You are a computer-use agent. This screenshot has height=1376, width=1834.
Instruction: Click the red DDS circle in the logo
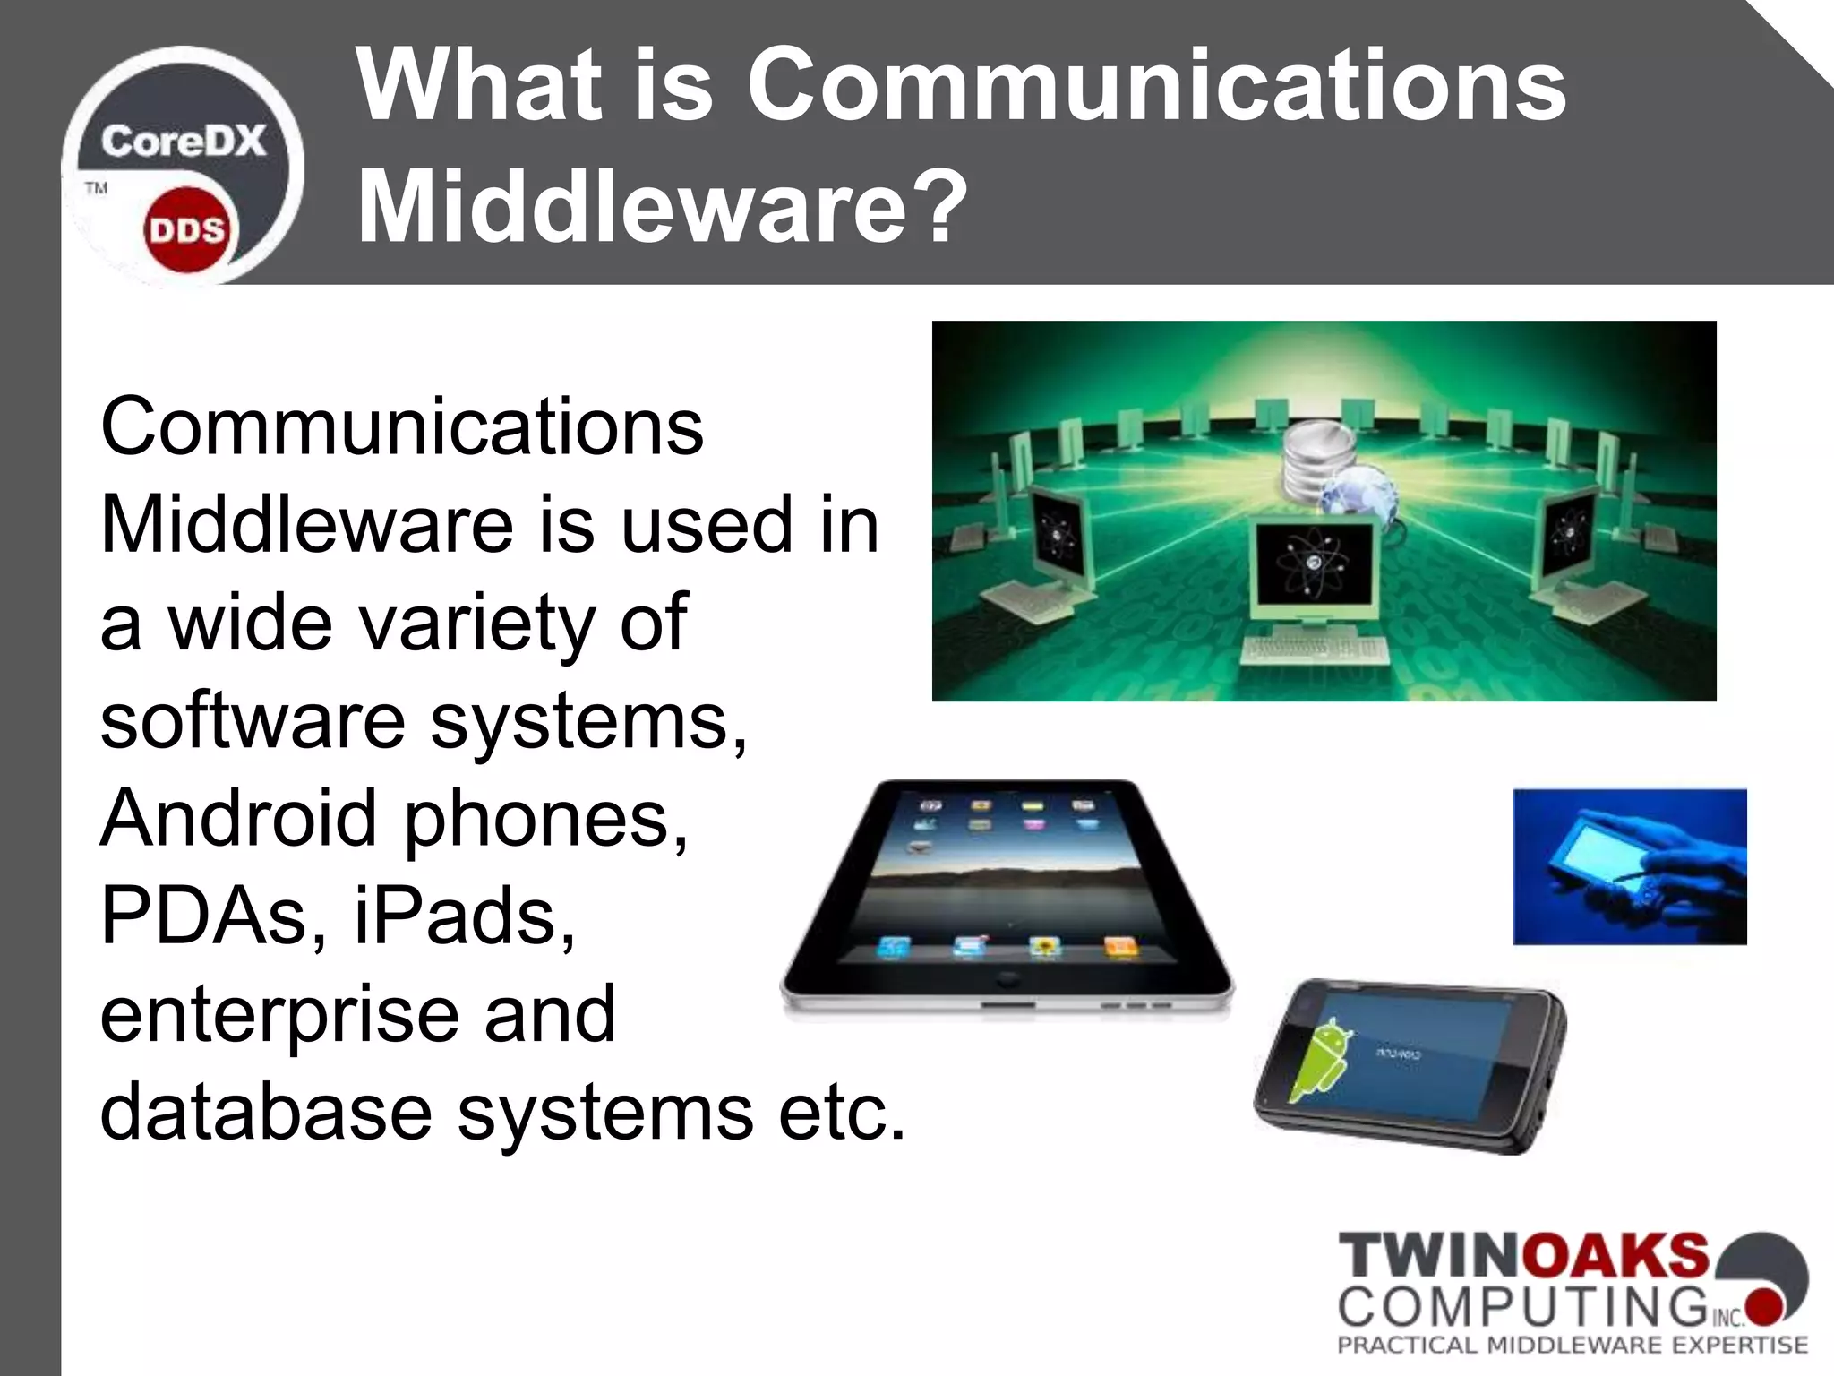(x=187, y=230)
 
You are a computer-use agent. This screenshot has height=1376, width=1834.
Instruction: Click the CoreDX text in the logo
(x=184, y=142)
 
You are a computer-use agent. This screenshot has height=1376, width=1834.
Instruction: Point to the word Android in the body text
(x=238, y=817)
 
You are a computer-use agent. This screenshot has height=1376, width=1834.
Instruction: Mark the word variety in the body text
(x=473, y=622)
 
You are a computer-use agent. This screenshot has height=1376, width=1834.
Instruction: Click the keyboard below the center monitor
(x=1314, y=649)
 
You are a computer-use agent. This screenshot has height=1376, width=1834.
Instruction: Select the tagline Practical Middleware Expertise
(x=1573, y=1345)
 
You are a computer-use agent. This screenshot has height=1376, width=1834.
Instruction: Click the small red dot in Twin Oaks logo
(x=1761, y=1305)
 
